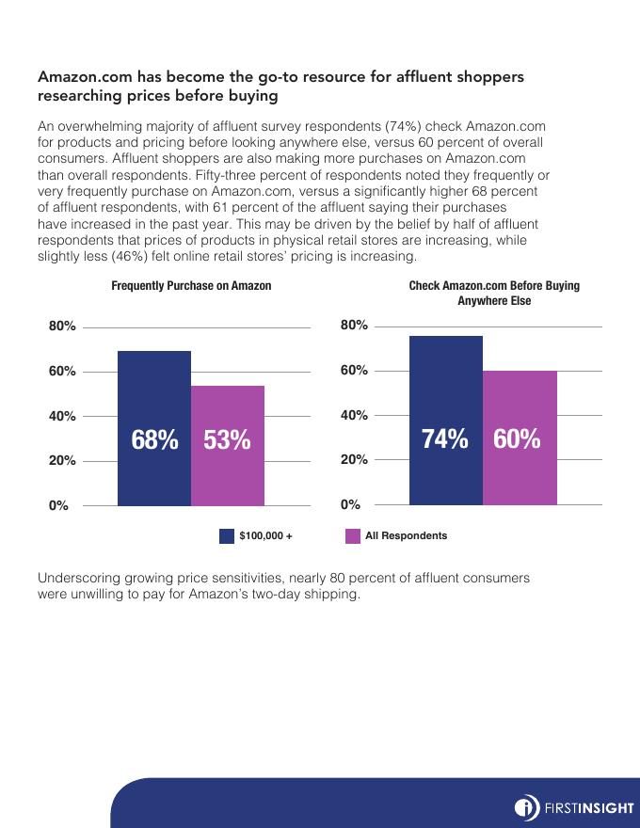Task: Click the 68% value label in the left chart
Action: (x=154, y=439)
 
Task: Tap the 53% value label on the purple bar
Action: (x=227, y=439)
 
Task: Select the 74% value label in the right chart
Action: (x=445, y=438)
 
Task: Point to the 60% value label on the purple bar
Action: (x=517, y=438)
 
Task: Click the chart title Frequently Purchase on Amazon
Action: (x=191, y=286)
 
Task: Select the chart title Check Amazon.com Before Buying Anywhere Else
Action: (x=494, y=293)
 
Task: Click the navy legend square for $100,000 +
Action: (x=227, y=536)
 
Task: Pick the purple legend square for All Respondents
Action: (x=353, y=536)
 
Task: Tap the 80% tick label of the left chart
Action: (x=62, y=326)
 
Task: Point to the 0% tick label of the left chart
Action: (x=58, y=505)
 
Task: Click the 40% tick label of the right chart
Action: (x=354, y=415)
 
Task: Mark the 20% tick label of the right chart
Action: (x=354, y=460)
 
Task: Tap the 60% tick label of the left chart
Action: (x=62, y=372)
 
